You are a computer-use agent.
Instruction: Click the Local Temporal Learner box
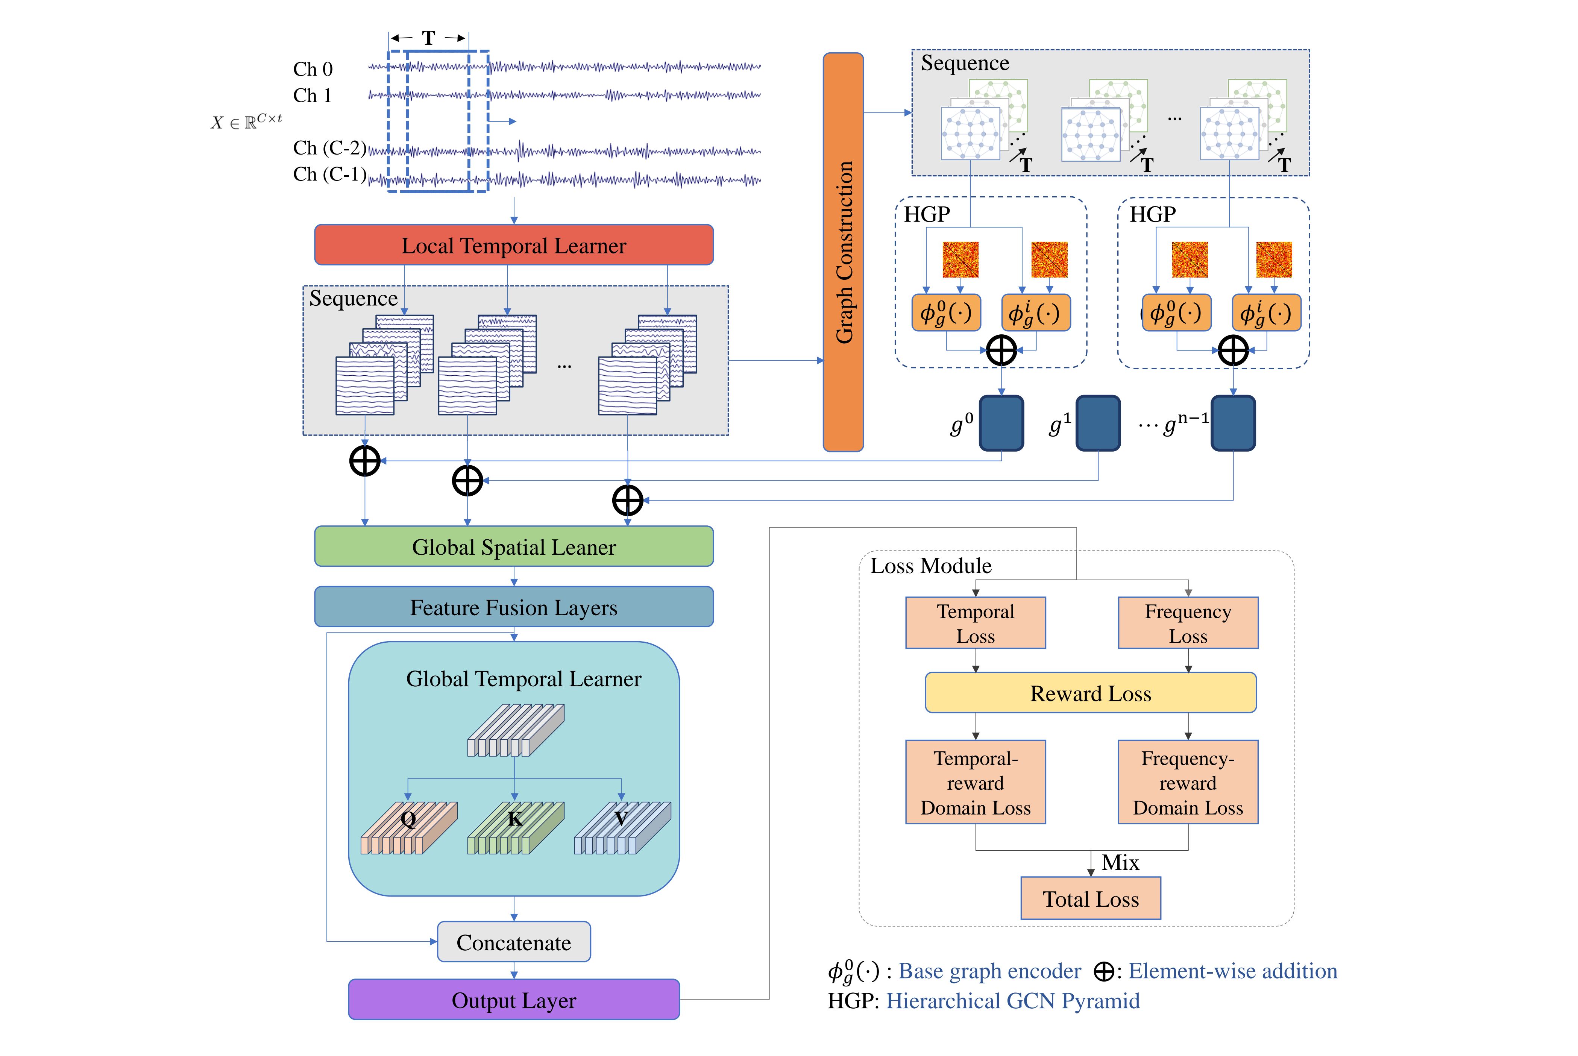[x=513, y=245]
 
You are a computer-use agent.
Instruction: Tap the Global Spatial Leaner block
[x=513, y=547]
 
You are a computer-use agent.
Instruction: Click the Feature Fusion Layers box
[x=513, y=607]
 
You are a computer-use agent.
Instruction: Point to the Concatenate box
[x=513, y=942]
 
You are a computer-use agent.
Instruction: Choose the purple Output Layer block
[x=513, y=1000]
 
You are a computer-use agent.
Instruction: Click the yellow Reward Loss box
[x=1090, y=693]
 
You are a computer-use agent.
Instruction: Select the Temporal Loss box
[x=975, y=623]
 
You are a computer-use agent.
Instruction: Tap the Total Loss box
[x=1090, y=898]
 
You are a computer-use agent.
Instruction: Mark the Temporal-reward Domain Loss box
[x=975, y=783]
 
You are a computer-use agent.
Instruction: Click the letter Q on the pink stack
[x=408, y=819]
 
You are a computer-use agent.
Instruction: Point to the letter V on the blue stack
[x=621, y=819]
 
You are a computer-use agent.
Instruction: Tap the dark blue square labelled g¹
[x=1098, y=423]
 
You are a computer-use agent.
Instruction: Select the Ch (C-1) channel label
[x=329, y=174]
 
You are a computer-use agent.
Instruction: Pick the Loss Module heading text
[x=931, y=566]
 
